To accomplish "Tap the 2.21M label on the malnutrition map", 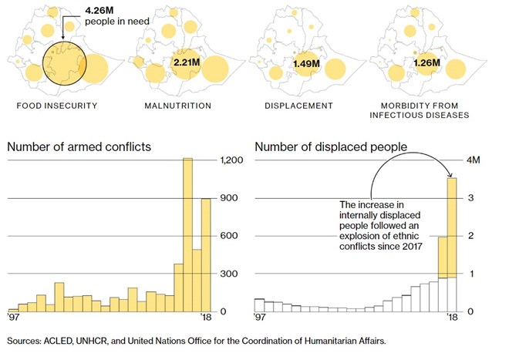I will tap(187, 62).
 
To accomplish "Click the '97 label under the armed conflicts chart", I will tap(14, 318).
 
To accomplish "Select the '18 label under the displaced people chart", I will tap(452, 318).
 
